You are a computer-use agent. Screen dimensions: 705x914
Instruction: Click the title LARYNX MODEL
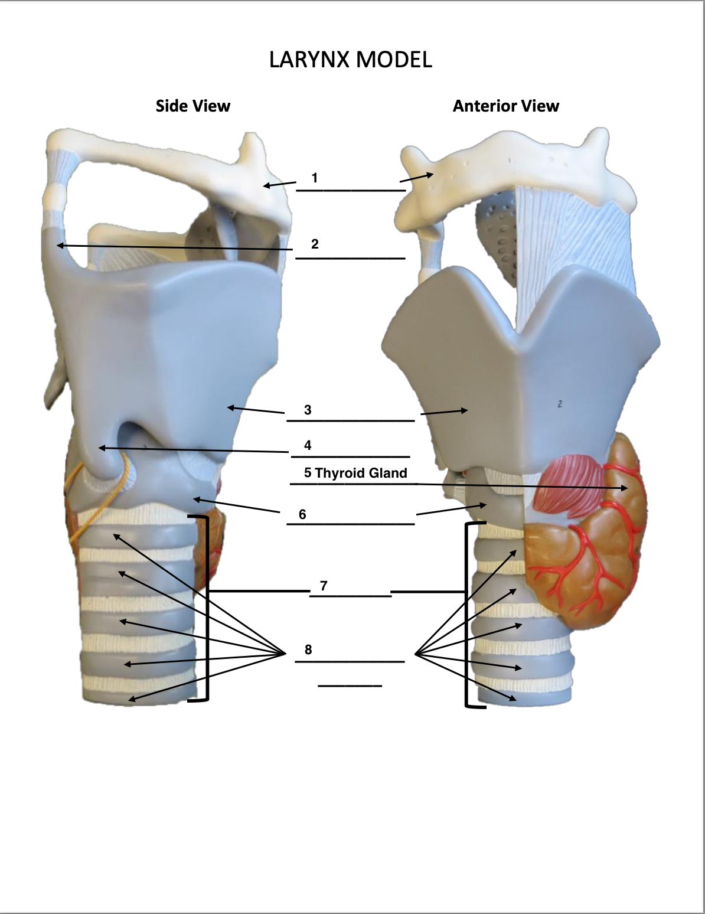[351, 60]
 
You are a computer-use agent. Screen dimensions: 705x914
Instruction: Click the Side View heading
[193, 106]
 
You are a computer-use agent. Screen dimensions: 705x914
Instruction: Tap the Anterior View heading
[505, 106]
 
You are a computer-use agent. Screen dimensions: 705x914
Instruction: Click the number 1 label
[315, 178]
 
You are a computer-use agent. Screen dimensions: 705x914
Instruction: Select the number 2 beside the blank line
[315, 244]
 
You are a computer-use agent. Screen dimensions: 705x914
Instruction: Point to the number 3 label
[308, 410]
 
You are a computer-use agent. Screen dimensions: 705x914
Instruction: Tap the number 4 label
[308, 445]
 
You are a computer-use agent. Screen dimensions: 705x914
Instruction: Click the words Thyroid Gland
[361, 473]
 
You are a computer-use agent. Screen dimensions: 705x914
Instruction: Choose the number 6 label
[302, 514]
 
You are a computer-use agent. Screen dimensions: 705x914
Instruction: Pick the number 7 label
[324, 586]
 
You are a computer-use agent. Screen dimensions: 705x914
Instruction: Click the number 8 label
[308, 649]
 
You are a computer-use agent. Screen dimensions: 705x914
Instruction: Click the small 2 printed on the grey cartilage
[559, 404]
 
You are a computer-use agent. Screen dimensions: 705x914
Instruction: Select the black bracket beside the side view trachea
[205, 608]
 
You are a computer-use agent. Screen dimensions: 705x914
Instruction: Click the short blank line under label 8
[350, 686]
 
